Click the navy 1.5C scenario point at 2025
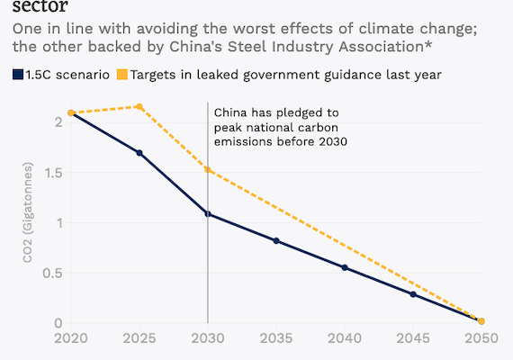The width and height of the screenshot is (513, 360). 139,153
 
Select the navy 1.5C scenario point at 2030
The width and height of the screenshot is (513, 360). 208,214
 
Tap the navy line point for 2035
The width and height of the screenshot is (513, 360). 276,240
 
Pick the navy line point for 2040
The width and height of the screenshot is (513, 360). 345,267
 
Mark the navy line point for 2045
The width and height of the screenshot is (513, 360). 413,294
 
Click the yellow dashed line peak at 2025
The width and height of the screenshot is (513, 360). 139,106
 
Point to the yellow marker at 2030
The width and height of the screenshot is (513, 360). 208,169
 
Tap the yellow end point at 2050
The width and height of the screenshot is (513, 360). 481,321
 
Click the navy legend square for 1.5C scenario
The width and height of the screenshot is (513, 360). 18,74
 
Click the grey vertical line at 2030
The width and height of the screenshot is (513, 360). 208,270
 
